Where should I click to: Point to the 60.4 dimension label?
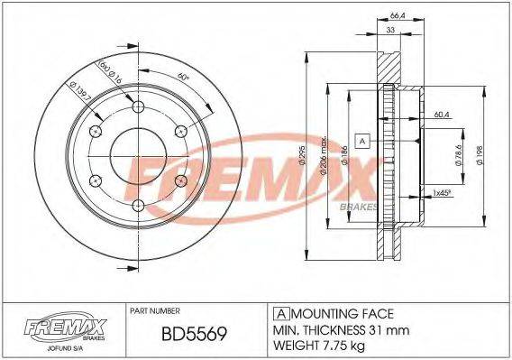(x=441, y=115)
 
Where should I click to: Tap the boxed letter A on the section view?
(x=362, y=141)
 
